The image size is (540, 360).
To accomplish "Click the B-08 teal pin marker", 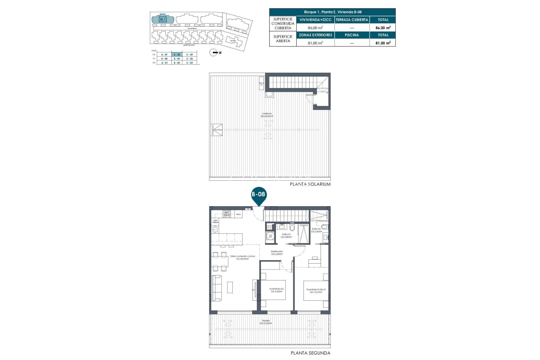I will [258, 195].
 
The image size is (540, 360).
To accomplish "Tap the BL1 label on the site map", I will [163, 19].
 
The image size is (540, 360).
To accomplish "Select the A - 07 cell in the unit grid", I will [164, 55].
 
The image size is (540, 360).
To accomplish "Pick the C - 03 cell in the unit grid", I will [190, 63].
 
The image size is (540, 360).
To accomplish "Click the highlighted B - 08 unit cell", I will [177, 55].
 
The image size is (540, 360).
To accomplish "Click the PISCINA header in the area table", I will [352, 35].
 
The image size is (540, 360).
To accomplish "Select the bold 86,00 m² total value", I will [383, 28].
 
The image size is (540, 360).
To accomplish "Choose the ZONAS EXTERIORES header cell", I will [315, 35].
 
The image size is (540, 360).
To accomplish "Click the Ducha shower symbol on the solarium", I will [217, 130].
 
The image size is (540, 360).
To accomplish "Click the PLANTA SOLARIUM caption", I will [310, 184].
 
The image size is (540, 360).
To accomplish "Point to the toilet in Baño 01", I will [292, 227].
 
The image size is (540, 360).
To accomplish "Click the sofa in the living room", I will [217, 288].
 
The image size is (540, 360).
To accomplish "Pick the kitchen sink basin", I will [215, 230].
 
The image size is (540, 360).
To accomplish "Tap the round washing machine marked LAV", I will [271, 236].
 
